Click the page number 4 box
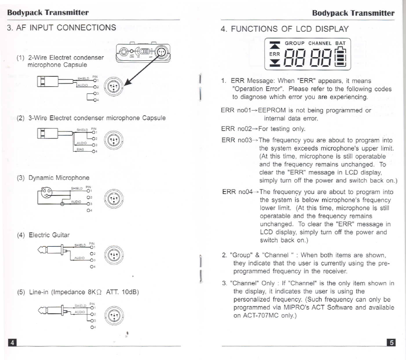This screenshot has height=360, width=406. click(x=12, y=343)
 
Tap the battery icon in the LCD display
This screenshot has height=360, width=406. click(x=341, y=57)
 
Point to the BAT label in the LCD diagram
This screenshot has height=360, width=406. click(x=340, y=43)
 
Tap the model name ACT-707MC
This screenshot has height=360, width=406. click(x=262, y=316)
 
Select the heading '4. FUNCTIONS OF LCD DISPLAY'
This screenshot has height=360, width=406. click(x=285, y=29)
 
